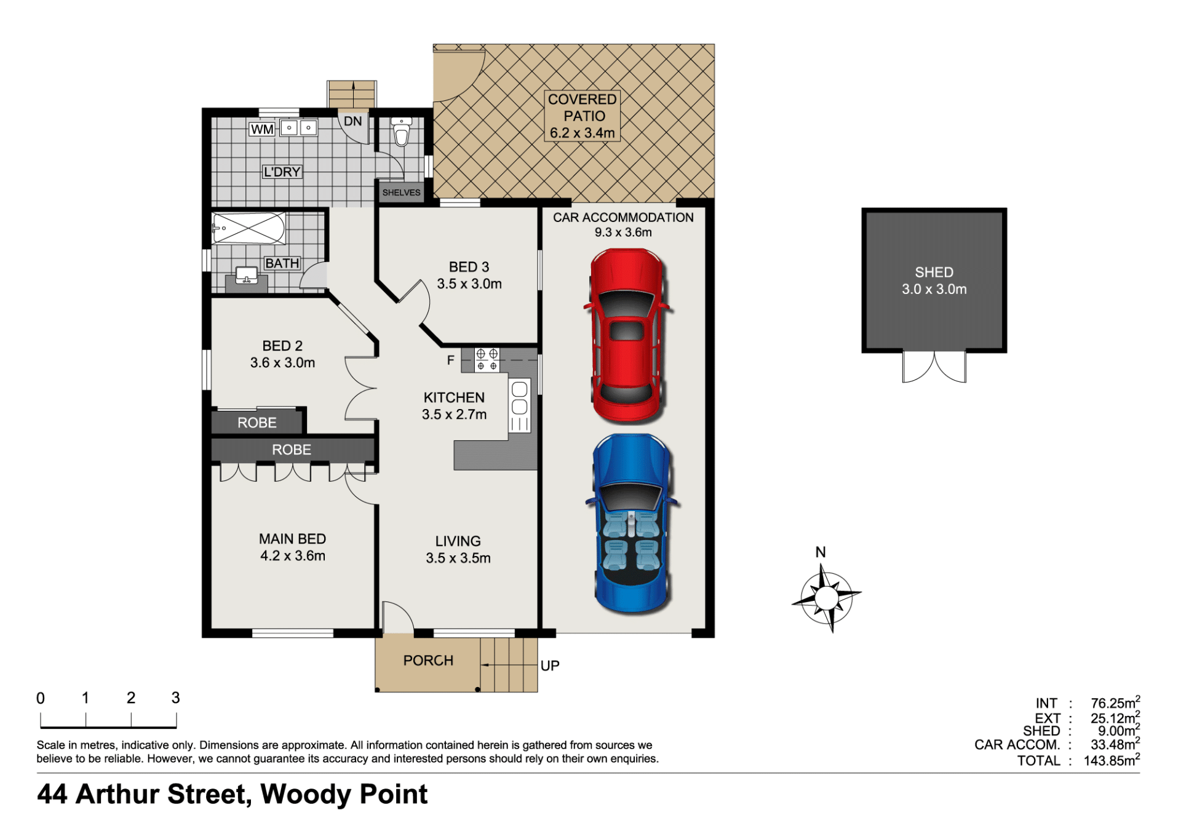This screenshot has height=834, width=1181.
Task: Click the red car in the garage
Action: [x=627, y=336]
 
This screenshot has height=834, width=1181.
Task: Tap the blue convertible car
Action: [x=632, y=523]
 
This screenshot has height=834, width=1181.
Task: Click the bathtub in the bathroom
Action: [x=249, y=228]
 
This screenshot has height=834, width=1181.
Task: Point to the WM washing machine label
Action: [x=262, y=129]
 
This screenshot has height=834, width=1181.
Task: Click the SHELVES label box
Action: [x=401, y=193]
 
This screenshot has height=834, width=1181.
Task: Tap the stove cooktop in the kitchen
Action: [x=487, y=359]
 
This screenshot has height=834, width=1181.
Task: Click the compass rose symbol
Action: [x=827, y=597]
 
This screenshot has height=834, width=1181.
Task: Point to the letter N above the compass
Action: [x=821, y=552]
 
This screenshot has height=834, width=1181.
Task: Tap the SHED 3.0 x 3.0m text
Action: [x=934, y=280]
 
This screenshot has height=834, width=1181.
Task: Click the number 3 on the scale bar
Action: [x=175, y=697]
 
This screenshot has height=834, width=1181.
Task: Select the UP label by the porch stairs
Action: [x=550, y=665]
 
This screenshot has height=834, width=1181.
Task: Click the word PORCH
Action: [x=428, y=661]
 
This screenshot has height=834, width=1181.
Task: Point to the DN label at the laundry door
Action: [x=352, y=121]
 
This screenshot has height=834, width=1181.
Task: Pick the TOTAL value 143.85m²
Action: [x=1112, y=760]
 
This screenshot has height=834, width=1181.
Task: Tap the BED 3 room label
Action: [x=469, y=267]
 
